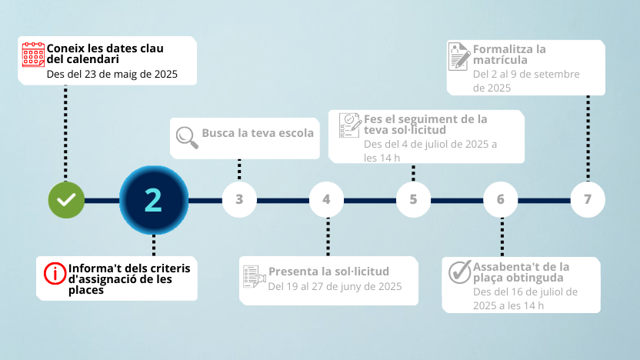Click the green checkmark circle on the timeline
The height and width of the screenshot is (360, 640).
click(x=66, y=200)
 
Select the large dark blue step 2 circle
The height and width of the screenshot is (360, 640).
click(x=154, y=200)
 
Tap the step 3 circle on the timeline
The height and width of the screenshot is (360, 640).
click(x=239, y=199)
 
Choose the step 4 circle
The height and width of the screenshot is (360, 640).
click(x=326, y=199)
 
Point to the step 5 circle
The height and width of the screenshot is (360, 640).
click(x=414, y=199)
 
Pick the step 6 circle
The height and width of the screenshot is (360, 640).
click(x=501, y=199)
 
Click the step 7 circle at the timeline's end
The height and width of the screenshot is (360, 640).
click(x=588, y=199)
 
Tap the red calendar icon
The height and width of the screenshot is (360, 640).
click(x=33, y=55)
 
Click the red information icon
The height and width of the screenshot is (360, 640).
click(x=55, y=274)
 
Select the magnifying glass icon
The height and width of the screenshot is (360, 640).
click(x=187, y=138)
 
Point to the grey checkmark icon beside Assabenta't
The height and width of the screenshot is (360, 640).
click(x=460, y=272)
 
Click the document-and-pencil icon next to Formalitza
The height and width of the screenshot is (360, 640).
click(x=459, y=56)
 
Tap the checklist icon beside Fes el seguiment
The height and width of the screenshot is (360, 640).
click(x=350, y=125)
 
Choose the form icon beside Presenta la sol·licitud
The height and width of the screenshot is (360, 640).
click(x=255, y=276)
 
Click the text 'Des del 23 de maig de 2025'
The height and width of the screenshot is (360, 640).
click(x=112, y=75)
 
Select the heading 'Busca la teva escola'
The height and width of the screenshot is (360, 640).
click(x=258, y=133)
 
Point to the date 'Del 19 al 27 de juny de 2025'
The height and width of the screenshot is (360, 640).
click(x=335, y=286)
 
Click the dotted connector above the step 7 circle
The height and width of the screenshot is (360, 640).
click(x=588, y=138)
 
